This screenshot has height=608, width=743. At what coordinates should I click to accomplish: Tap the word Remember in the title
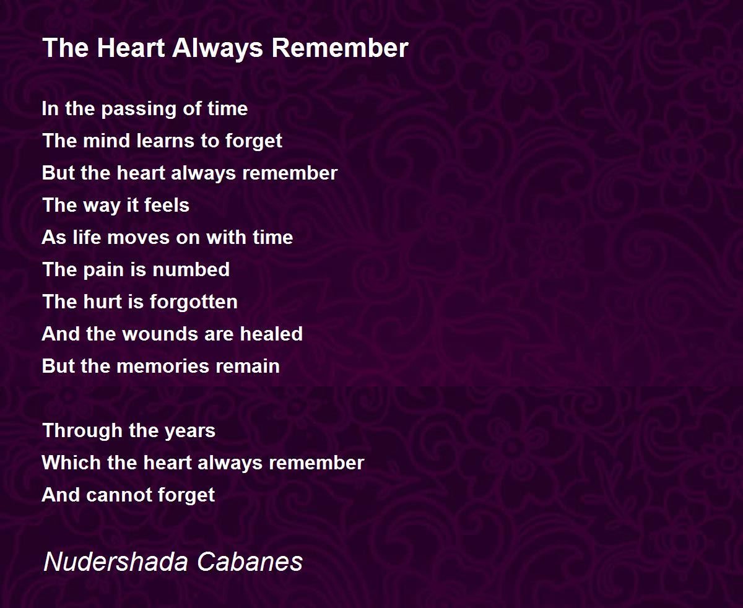coord(340,48)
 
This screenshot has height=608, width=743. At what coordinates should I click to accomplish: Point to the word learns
coord(165,141)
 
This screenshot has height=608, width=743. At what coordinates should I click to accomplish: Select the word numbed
coord(191,269)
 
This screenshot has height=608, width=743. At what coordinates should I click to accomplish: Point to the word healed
coord(271,334)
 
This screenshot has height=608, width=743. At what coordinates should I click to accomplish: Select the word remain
coord(248,367)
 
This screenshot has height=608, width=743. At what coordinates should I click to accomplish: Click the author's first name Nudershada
coord(116,562)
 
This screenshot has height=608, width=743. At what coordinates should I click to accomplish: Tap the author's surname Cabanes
coord(250,562)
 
